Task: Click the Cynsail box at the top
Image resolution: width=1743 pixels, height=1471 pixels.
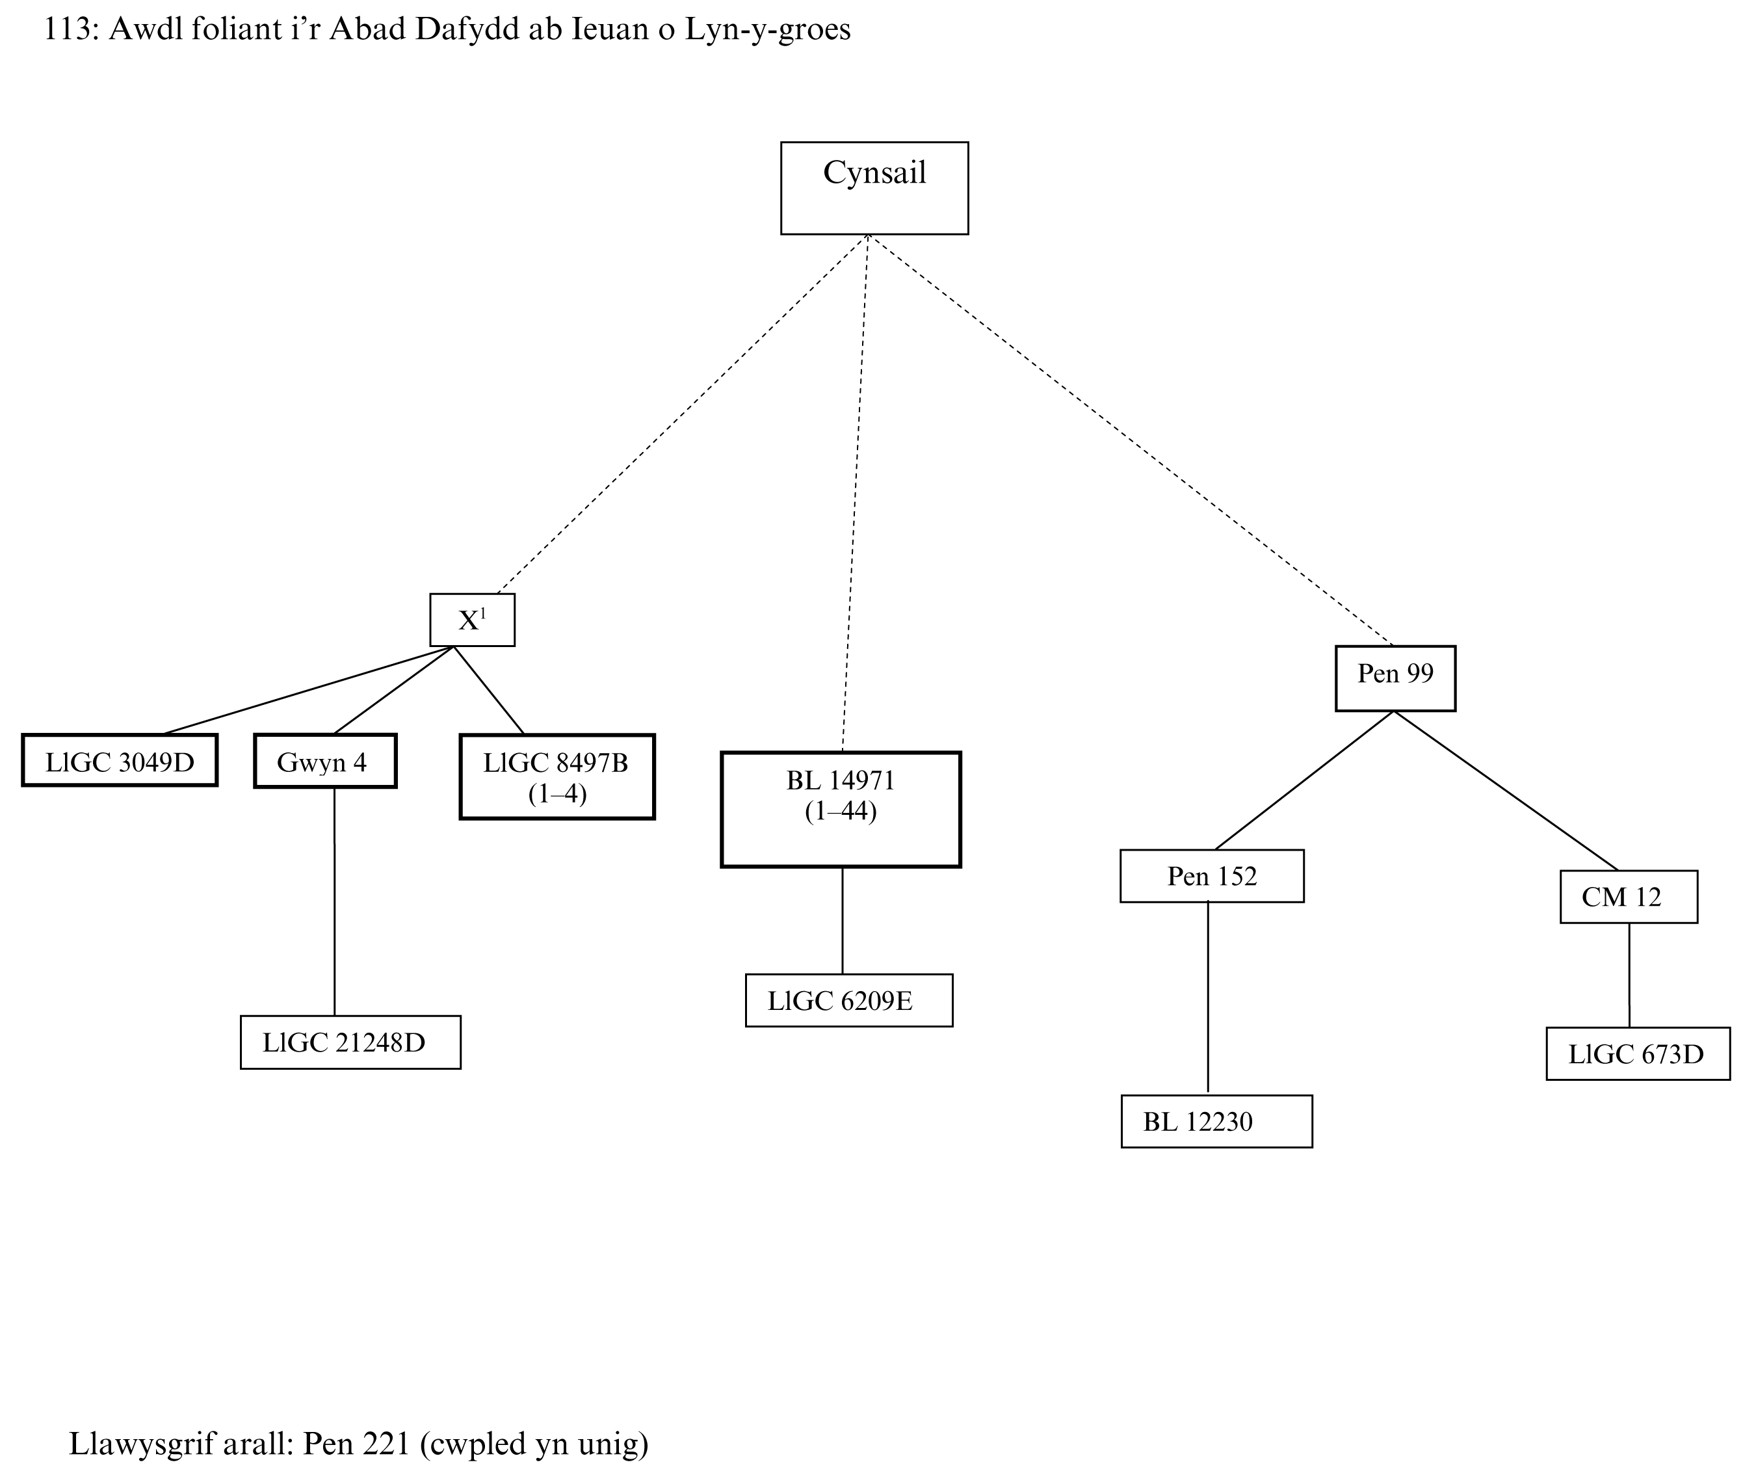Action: click(x=874, y=188)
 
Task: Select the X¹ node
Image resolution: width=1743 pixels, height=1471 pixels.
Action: click(x=472, y=620)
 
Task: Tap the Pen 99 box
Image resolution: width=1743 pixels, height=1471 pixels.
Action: click(x=1395, y=678)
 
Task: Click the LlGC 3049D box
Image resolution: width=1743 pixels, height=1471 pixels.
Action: click(x=119, y=760)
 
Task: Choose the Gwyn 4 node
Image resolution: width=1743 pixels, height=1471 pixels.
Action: click(x=324, y=760)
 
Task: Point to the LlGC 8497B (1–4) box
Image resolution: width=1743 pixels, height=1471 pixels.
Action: click(x=557, y=776)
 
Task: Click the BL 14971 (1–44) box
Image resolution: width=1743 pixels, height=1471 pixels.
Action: click(x=840, y=810)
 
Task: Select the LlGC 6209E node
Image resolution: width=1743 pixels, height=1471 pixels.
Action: click(x=848, y=1000)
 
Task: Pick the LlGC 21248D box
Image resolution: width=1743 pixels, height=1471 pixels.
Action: click(x=350, y=1042)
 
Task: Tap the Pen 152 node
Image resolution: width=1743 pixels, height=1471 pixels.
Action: click(x=1211, y=875)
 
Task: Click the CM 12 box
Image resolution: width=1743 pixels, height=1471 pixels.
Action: click(x=1628, y=896)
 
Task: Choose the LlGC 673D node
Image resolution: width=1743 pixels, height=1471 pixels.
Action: click(x=1637, y=1054)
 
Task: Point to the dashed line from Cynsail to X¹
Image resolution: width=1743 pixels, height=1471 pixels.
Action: click(x=682, y=414)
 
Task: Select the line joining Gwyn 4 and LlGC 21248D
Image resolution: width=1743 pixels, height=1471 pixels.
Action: click(x=334, y=901)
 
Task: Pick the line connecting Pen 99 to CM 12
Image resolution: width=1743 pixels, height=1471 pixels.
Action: click(x=1506, y=791)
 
